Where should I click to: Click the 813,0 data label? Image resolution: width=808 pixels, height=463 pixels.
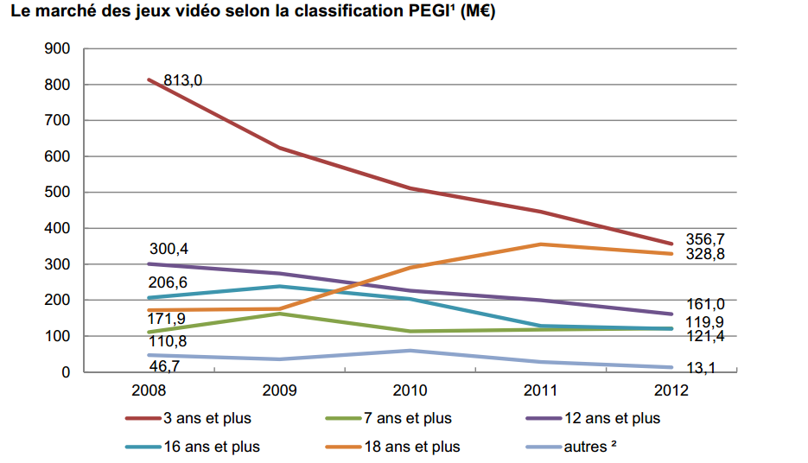182,80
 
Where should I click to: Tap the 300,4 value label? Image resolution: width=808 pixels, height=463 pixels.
169,250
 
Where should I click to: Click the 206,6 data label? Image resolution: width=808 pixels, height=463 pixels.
169,282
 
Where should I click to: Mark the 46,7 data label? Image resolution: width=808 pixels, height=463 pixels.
166,366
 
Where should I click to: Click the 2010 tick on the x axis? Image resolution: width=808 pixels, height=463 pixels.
410,390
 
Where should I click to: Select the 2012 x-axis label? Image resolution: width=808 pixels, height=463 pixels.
671,390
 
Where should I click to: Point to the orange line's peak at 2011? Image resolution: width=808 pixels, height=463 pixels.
541,244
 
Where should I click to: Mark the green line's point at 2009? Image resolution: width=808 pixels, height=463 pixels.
280,314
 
